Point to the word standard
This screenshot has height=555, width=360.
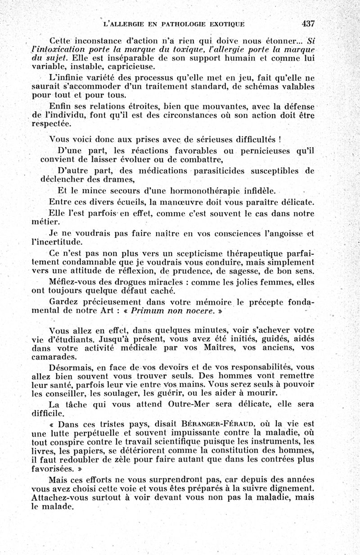coord(222,87)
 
